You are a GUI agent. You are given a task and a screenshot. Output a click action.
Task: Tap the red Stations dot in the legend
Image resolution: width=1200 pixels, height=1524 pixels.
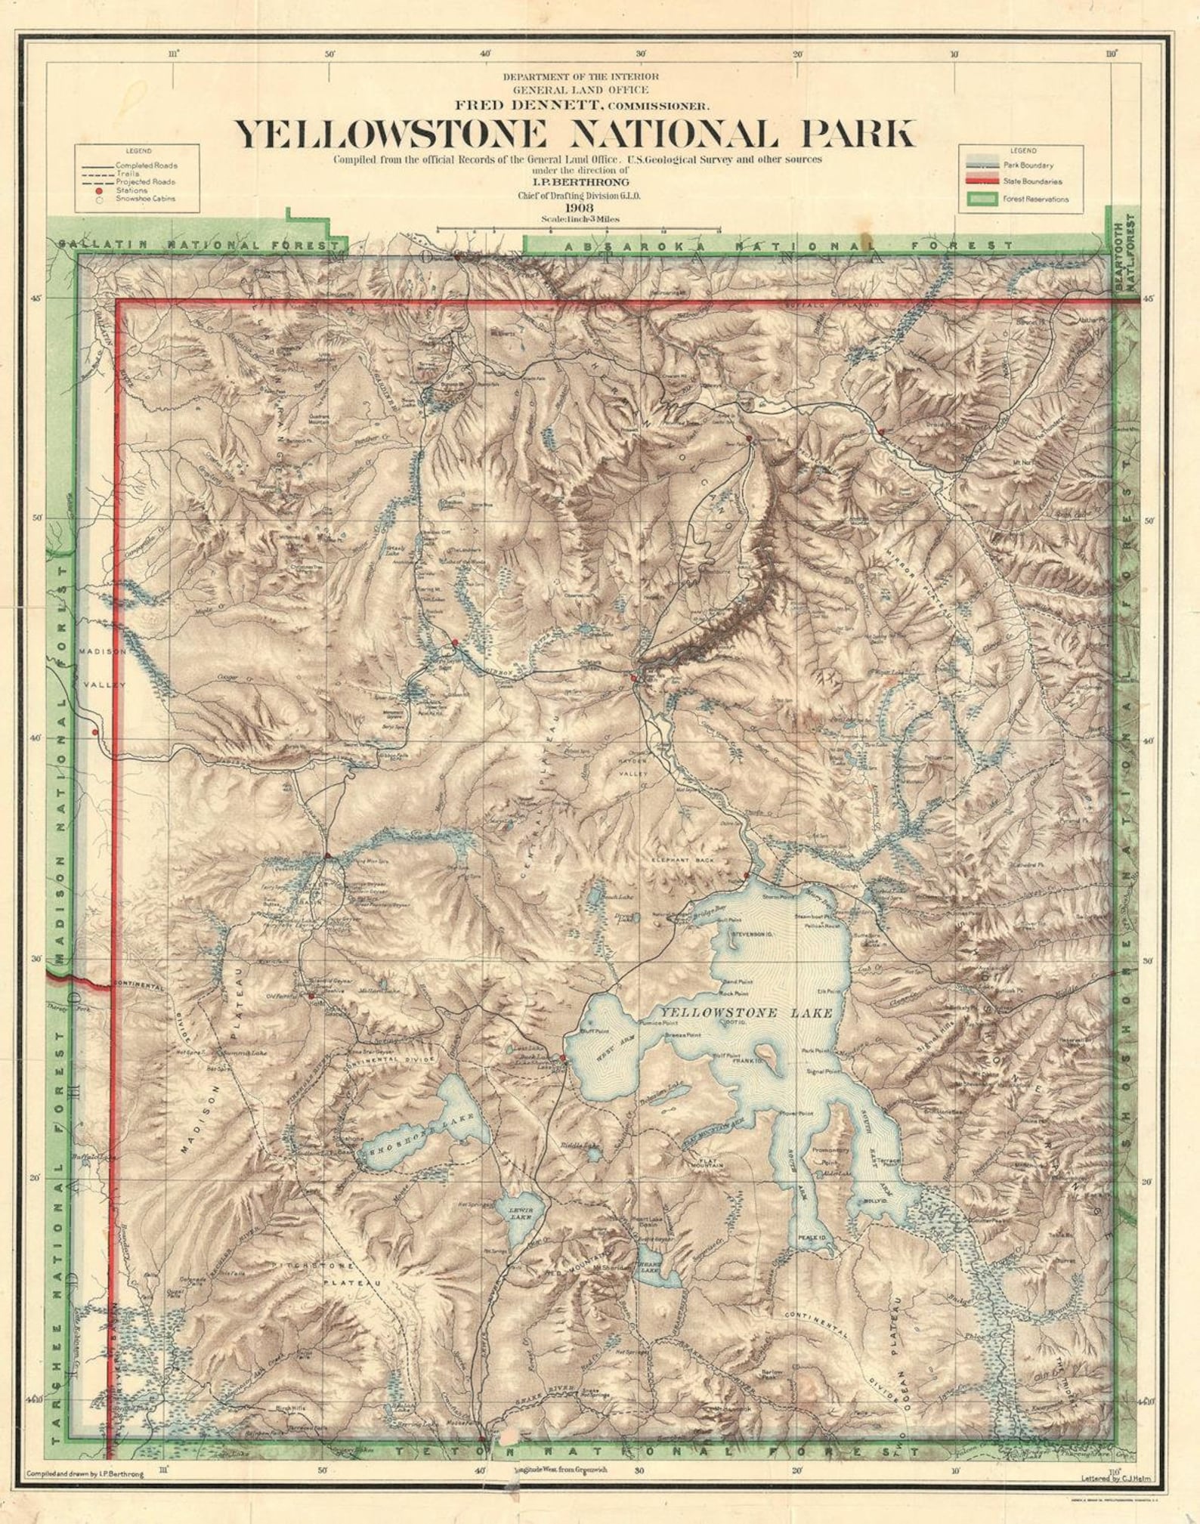pyautogui.click(x=99, y=190)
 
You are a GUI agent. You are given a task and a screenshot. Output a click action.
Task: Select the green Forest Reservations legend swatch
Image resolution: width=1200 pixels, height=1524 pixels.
pyautogui.click(x=981, y=199)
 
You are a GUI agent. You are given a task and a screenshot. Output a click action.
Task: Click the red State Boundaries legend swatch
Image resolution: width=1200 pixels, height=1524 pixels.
pyautogui.click(x=981, y=181)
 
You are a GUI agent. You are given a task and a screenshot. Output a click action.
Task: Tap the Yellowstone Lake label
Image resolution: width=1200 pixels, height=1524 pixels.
pyautogui.click(x=746, y=1013)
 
